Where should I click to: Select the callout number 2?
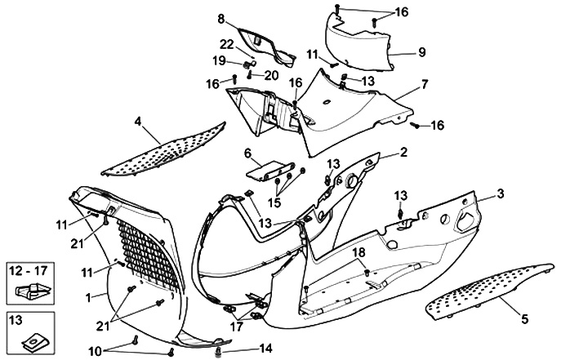coord(403,153)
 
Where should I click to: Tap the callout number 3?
coord(501,193)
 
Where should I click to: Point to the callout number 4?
coord(138,121)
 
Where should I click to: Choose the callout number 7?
coord(425,84)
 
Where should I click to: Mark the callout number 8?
coord(220,18)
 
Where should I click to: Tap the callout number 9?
coord(422,52)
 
